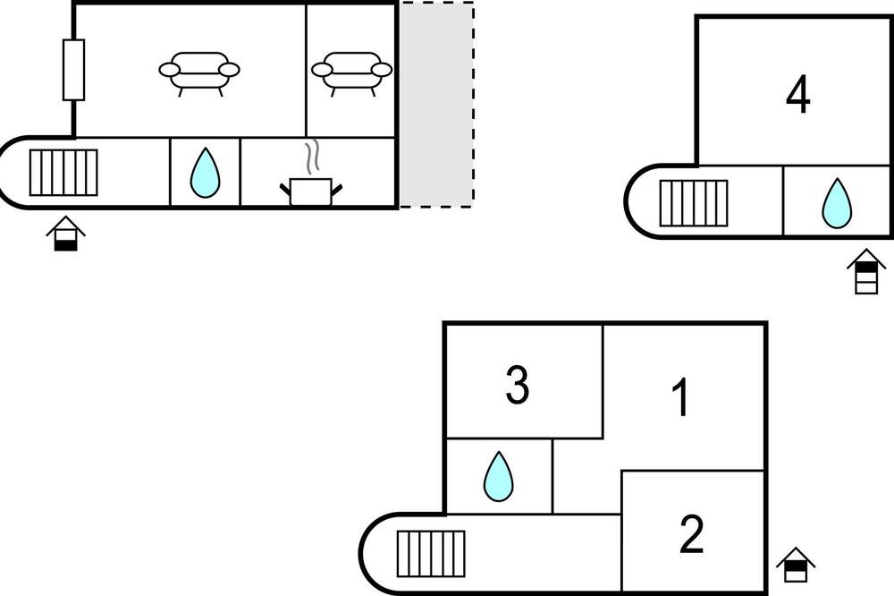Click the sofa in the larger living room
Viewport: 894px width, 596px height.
(199, 73)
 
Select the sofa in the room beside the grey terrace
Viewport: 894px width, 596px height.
(351, 73)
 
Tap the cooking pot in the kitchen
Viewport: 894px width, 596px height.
(311, 192)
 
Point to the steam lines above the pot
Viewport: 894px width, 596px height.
(311, 158)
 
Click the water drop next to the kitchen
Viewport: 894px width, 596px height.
(205, 173)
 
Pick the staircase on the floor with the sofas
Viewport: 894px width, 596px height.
(63, 173)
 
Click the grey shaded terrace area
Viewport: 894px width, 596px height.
(436, 105)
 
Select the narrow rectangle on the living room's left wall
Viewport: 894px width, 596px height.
(73, 70)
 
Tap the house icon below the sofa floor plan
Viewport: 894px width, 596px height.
(65, 234)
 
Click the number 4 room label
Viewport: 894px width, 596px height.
(798, 96)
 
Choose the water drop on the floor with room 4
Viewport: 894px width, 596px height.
(837, 203)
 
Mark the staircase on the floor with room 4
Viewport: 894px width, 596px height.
(694, 203)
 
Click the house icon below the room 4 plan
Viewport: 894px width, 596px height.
(866, 271)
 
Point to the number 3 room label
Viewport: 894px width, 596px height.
(518, 387)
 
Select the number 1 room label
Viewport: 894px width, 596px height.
(680, 398)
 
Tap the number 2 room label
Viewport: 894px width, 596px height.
(692, 534)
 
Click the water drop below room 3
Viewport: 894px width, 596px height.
(498, 477)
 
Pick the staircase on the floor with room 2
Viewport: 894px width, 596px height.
(431, 554)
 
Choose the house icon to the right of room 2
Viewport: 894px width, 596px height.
(796, 565)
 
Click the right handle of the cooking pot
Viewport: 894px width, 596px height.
(336, 189)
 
